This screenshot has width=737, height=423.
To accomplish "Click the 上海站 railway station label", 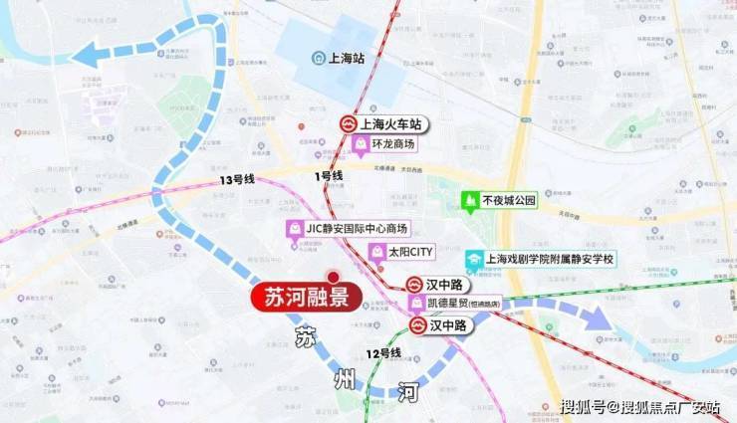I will [x=344, y=58].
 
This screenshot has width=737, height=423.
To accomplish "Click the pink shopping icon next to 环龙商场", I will [x=361, y=144].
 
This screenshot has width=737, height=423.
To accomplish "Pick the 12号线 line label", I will [x=382, y=353].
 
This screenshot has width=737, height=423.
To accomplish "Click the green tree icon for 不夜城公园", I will [x=469, y=200].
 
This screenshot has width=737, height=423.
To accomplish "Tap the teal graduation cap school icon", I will [x=474, y=259].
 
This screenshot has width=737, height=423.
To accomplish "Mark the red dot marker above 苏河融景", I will [x=334, y=277].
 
